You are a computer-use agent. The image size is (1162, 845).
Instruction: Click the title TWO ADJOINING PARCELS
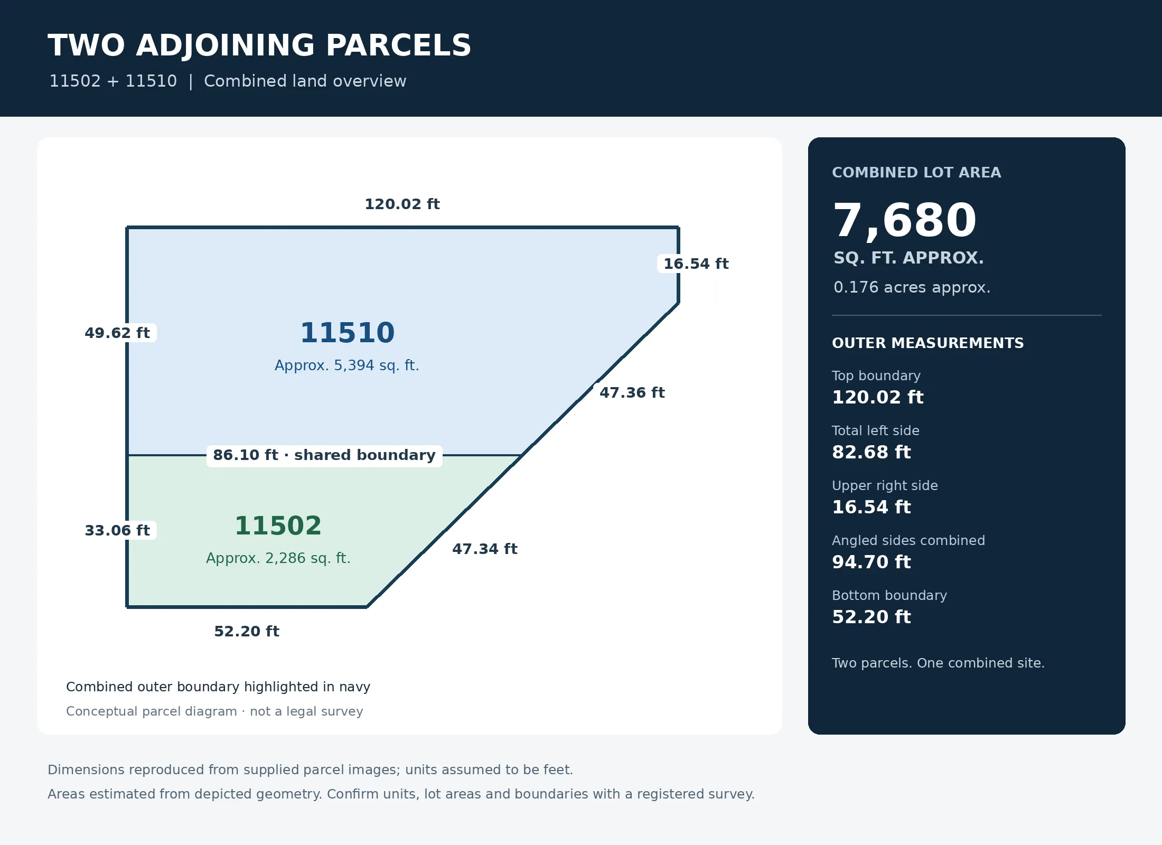click(259, 45)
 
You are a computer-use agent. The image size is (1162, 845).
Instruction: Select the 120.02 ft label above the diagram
click(402, 204)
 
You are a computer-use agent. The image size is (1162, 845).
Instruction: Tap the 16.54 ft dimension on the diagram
click(696, 264)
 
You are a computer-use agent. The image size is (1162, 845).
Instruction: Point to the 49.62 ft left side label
click(117, 333)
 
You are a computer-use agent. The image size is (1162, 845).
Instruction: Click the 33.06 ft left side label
click(117, 530)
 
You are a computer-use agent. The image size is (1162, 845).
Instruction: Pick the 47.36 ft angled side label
click(632, 392)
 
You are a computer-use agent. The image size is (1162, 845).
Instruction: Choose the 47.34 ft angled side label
click(484, 549)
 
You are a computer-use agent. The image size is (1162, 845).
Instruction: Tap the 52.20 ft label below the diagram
click(247, 631)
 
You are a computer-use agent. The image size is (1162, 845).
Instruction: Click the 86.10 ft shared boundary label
click(324, 455)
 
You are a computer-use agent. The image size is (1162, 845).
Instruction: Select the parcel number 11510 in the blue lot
click(348, 333)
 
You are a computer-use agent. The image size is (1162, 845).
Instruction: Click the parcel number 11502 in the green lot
click(278, 525)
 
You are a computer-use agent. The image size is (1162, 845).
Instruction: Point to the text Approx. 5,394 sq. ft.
click(346, 365)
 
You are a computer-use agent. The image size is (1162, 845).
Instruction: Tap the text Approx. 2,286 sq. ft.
click(278, 558)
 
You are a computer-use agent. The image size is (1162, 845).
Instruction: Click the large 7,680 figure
click(905, 220)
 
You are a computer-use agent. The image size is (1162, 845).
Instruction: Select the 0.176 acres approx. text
click(912, 287)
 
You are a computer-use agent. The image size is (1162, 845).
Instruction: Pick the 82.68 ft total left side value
click(871, 452)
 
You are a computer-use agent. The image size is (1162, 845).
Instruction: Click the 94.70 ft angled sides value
click(871, 562)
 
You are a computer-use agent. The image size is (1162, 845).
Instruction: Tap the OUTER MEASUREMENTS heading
click(927, 343)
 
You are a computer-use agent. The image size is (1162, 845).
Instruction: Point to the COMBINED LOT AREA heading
click(916, 173)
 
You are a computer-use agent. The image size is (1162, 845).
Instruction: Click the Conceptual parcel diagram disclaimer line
click(214, 711)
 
